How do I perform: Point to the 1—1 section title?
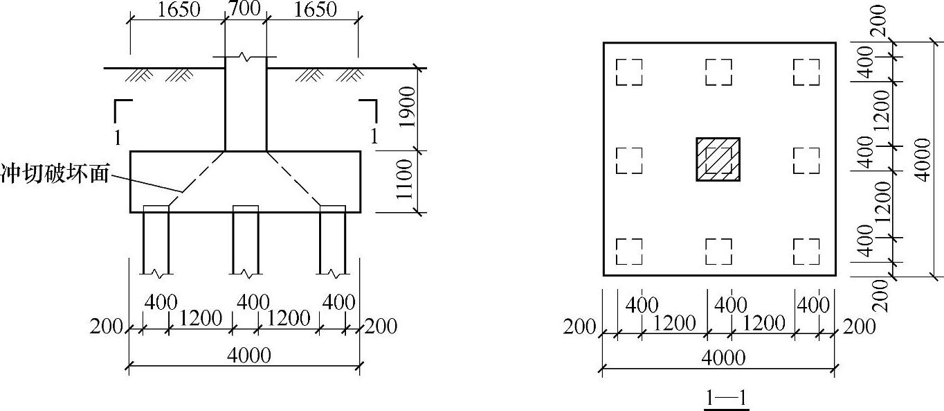tap(727, 399)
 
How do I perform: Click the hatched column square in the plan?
tap(718, 159)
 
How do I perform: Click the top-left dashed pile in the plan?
tap(629, 72)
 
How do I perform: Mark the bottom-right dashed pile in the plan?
tap(806, 252)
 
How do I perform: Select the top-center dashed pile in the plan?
tap(718, 72)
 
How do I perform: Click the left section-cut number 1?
tap(118, 137)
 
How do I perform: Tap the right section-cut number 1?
tap(374, 137)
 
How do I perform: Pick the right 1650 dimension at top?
tap(315, 10)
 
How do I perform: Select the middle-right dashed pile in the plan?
tap(806, 161)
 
